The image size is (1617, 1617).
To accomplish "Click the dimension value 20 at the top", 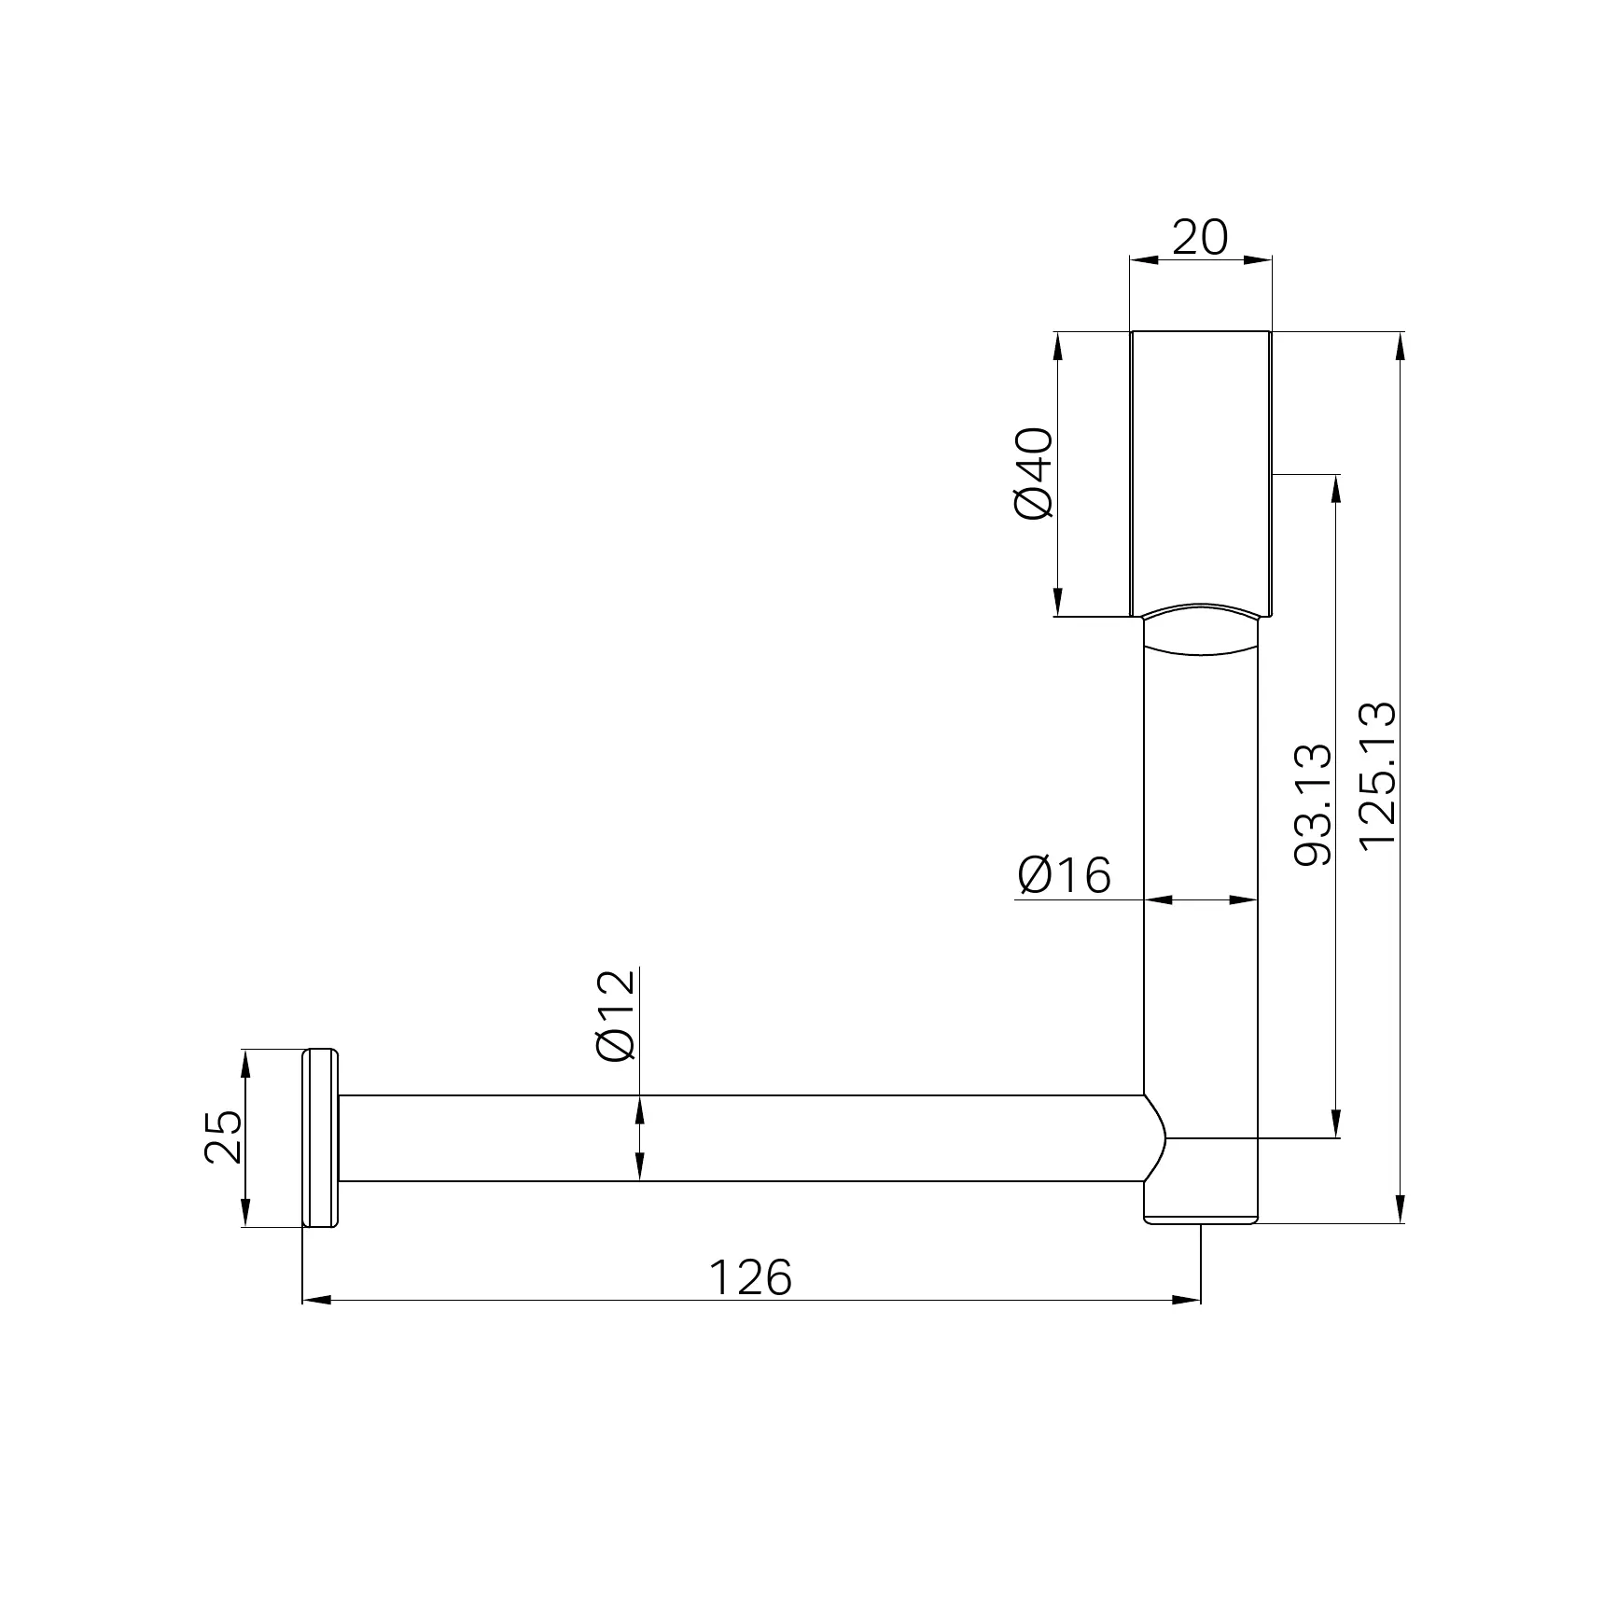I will [x=1200, y=238].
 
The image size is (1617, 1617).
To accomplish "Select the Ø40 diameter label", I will [x=1034, y=473].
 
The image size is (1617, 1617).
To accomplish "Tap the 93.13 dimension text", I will [x=1314, y=805].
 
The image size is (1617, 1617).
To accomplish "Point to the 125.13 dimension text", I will [x=1378, y=775].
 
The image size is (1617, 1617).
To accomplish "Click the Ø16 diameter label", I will [x=1065, y=875].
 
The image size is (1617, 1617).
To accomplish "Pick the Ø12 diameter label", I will [x=616, y=1016].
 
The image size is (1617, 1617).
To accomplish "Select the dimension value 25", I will [x=223, y=1137].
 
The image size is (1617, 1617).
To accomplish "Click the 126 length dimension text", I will [x=750, y=1277].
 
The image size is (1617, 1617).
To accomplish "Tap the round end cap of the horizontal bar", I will [x=320, y=1137].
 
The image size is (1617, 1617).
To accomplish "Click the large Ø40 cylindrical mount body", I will [x=1201, y=471].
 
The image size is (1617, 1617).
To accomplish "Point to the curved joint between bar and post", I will [x=1157, y=1138].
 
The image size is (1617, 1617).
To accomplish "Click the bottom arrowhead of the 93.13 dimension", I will [x=1336, y=1125].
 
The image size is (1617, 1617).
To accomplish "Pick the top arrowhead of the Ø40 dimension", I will [x=1057, y=344].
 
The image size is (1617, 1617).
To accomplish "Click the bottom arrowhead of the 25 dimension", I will [x=245, y=1214].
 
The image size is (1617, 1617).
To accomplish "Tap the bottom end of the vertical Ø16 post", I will [x=1201, y=1220].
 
